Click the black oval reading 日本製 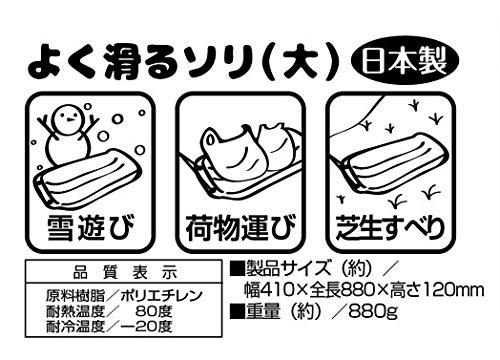[405, 62]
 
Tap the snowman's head [69, 117]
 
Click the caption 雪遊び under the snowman [91, 228]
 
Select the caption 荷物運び [241, 228]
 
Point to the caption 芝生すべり [391, 228]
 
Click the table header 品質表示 [125, 274]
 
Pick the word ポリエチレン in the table [162, 296]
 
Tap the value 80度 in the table [154, 311]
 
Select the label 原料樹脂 [75, 296]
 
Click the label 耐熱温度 [75, 311]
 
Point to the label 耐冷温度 [75, 327]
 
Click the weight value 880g [373, 313]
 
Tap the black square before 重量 [238, 312]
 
